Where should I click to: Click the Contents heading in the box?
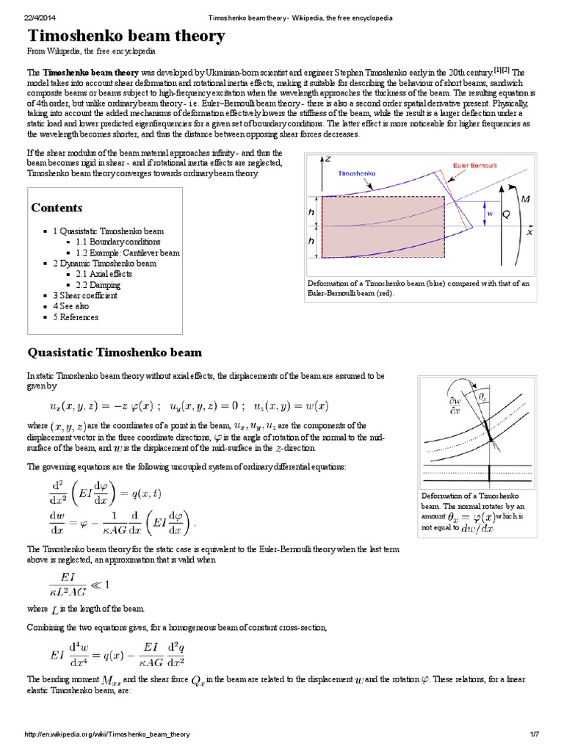[x=57, y=208]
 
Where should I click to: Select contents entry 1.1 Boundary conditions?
[x=117, y=242]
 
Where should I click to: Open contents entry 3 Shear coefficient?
[x=84, y=296]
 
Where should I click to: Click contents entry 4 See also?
[x=71, y=306]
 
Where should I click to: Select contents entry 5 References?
[x=76, y=317]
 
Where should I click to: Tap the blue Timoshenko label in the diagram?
[x=358, y=175]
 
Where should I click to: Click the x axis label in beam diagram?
[x=529, y=231]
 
